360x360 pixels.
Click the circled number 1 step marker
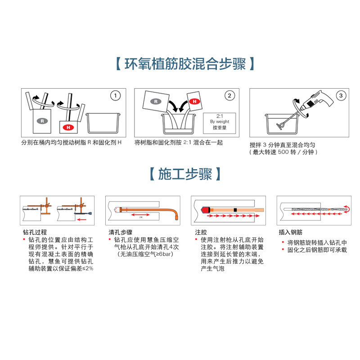click(116, 95)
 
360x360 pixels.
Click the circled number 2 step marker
click(230, 95)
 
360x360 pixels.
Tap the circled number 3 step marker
click(342, 95)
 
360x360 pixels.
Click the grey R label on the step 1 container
click(42, 121)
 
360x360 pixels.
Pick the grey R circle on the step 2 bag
click(155, 101)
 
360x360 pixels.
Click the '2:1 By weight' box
click(220, 121)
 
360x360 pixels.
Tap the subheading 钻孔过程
click(35, 233)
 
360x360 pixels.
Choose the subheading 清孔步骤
click(120, 233)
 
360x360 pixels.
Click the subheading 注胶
click(201, 233)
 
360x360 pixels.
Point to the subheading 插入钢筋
click(291, 233)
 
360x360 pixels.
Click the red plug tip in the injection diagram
click(206, 210)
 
